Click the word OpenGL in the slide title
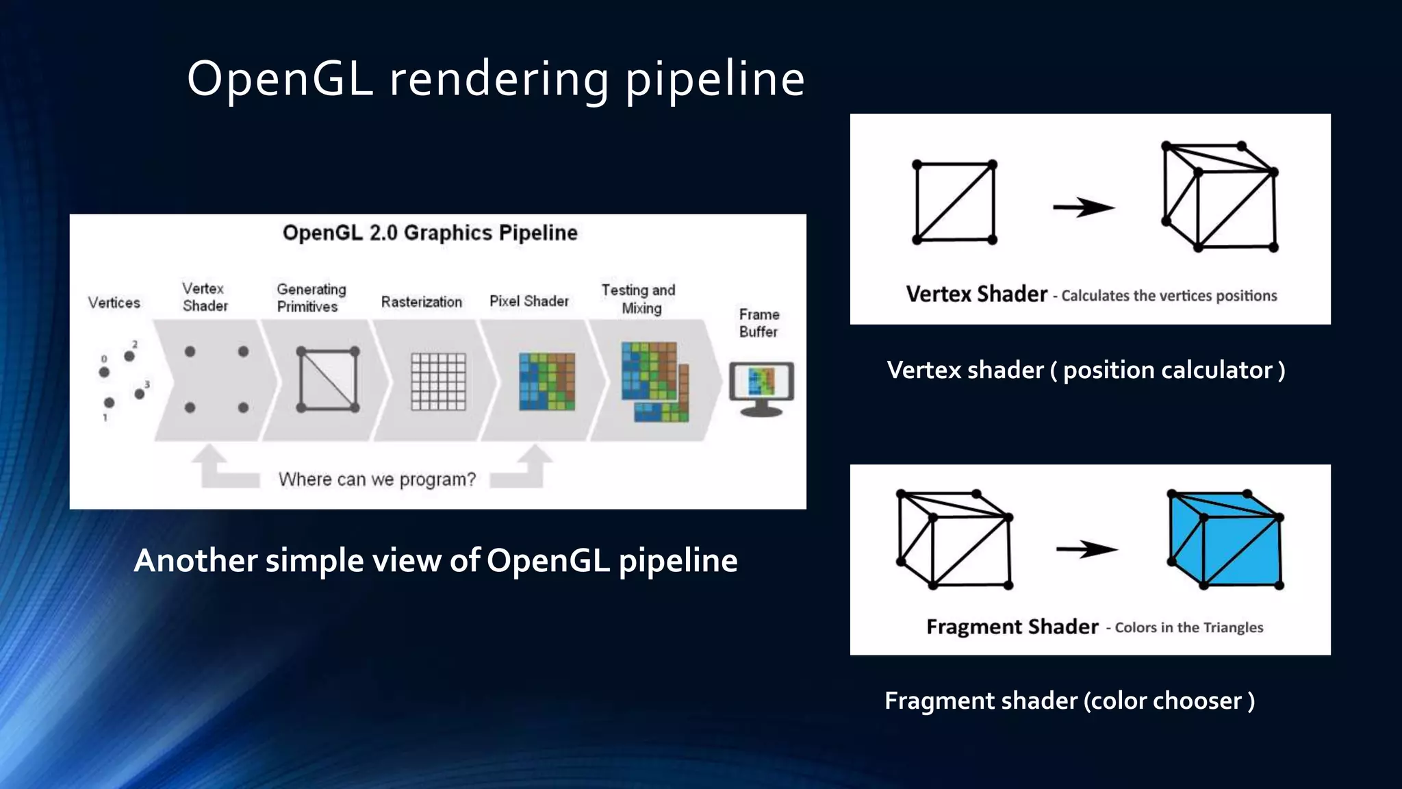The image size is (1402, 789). [x=280, y=78]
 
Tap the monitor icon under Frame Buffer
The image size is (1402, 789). [x=761, y=388]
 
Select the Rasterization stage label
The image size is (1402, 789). [x=421, y=302]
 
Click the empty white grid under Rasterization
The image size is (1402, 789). [x=438, y=381]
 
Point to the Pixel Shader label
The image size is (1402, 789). [x=528, y=301]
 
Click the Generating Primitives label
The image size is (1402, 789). [x=311, y=298]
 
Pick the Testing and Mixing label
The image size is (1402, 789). [x=638, y=299]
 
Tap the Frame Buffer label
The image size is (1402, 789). [x=759, y=323]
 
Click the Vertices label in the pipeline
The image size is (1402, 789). [x=114, y=303]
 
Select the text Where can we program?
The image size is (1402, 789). [x=377, y=479]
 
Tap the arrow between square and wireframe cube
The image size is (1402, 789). [x=1083, y=207]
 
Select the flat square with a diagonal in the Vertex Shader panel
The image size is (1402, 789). [x=954, y=202]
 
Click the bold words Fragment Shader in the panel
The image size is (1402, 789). [x=1012, y=627]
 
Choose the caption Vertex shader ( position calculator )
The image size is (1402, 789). [x=1086, y=371]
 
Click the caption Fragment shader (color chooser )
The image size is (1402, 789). [x=1069, y=701]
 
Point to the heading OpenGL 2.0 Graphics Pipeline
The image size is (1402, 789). [x=430, y=233]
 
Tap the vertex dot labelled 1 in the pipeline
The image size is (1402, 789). [x=109, y=403]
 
